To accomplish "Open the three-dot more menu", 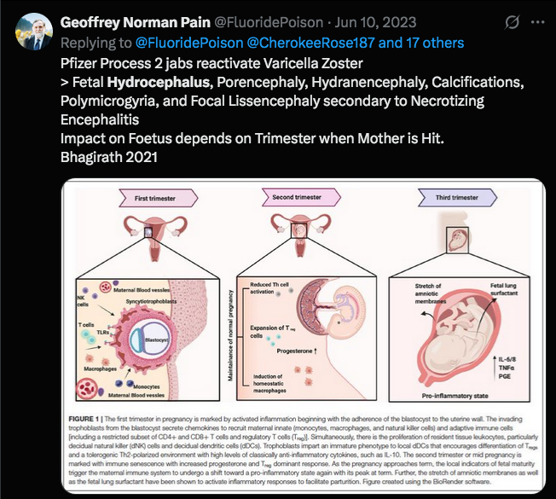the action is tap(536, 20).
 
